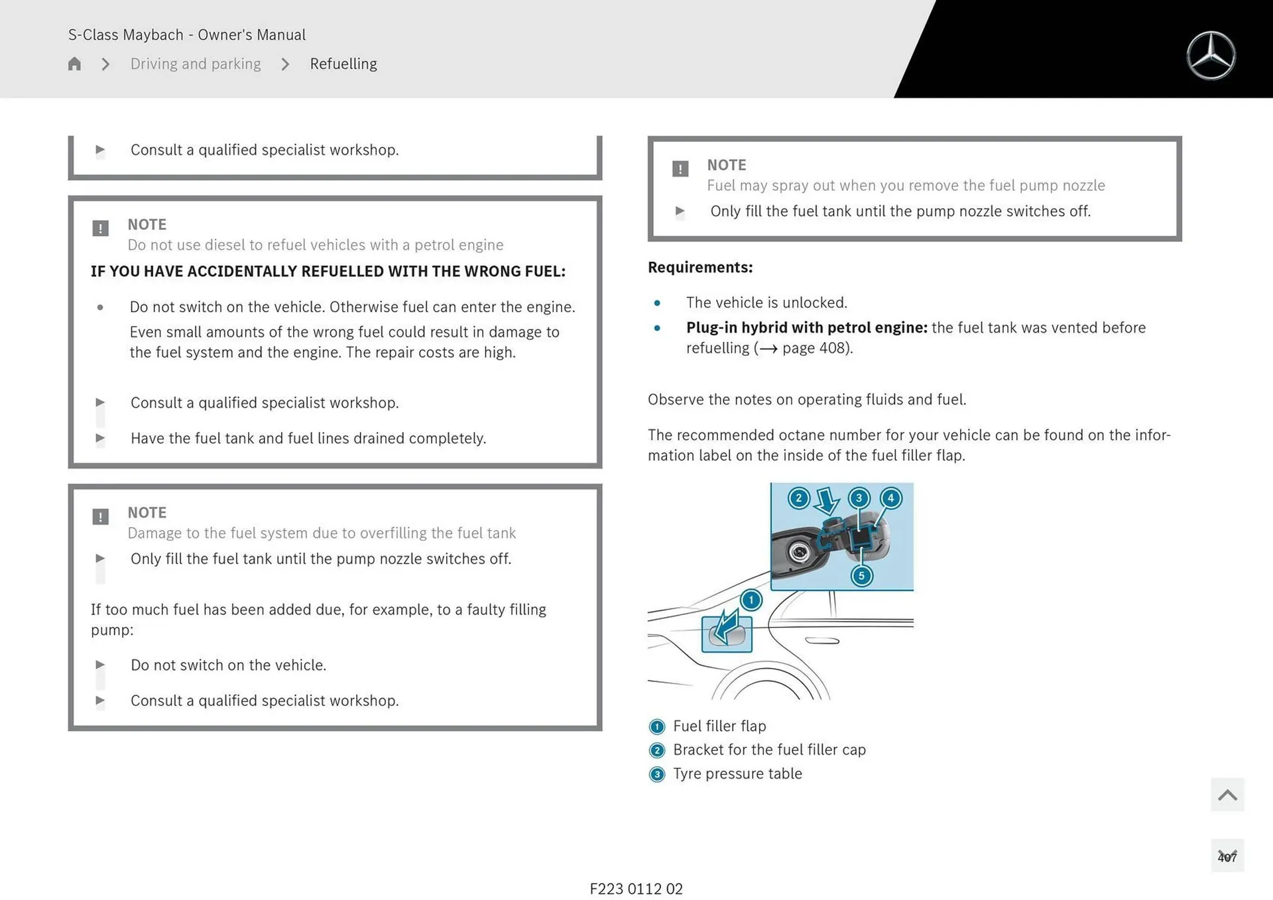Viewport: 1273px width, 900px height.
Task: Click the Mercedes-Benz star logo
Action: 1211,56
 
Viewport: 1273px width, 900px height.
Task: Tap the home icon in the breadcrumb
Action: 74,64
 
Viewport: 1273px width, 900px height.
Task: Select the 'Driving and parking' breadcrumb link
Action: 196,64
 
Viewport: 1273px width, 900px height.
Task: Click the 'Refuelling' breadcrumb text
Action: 343,64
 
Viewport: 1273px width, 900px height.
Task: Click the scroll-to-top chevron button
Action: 1227,795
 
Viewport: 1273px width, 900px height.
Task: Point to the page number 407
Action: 1227,857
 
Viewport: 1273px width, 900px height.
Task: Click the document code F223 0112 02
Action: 636,889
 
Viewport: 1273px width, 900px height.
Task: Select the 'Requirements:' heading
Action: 700,267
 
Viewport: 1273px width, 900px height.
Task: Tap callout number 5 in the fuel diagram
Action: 861,575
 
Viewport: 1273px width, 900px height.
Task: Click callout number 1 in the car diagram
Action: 751,600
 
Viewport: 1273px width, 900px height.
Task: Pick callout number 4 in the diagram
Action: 890,498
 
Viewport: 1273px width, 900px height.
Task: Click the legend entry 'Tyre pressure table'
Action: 737,773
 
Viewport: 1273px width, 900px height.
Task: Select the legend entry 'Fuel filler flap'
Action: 719,726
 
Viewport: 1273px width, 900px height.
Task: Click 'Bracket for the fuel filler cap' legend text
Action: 769,750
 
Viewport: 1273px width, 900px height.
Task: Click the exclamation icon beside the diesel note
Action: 100,229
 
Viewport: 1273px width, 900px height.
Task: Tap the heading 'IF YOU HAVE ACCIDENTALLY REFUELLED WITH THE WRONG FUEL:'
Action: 328,271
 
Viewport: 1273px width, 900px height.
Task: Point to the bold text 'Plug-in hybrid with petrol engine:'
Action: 806,327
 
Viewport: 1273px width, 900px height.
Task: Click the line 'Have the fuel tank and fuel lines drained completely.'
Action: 308,438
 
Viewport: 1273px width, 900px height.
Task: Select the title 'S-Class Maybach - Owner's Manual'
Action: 187,34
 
